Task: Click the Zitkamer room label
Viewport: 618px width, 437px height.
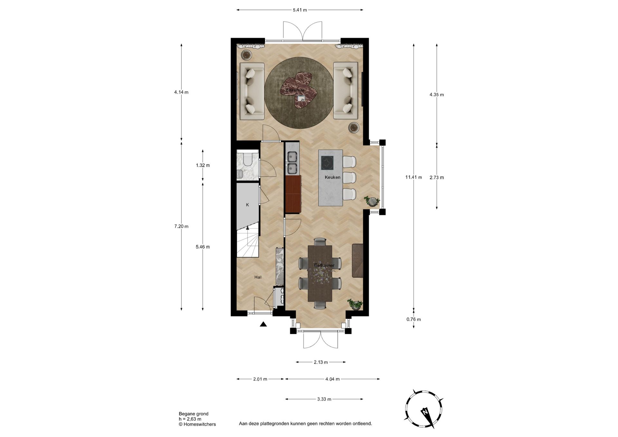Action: tap(295, 90)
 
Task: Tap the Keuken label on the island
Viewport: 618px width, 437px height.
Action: tap(332, 177)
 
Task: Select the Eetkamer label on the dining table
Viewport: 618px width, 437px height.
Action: tap(324, 265)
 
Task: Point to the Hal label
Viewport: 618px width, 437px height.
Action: tap(258, 277)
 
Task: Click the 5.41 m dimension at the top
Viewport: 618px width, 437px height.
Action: tap(300, 10)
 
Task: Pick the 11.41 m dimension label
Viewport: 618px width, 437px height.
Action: tap(414, 177)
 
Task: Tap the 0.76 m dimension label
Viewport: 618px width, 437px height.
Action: tap(414, 319)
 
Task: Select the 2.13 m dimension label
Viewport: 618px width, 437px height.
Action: tap(321, 362)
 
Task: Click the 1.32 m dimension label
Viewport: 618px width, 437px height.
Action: tap(203, 165)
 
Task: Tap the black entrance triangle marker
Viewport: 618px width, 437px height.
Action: tap(263, 324)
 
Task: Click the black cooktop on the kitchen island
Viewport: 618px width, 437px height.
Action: tap(327, 163)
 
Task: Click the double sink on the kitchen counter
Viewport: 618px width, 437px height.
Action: tap(292, 163)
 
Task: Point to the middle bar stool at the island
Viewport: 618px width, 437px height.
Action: tap(349, 178)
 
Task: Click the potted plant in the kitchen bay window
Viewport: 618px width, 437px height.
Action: tap(372, 201)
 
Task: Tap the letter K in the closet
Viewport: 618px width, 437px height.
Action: tap(248, 205)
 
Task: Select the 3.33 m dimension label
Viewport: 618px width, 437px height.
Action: tap(324, 399)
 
